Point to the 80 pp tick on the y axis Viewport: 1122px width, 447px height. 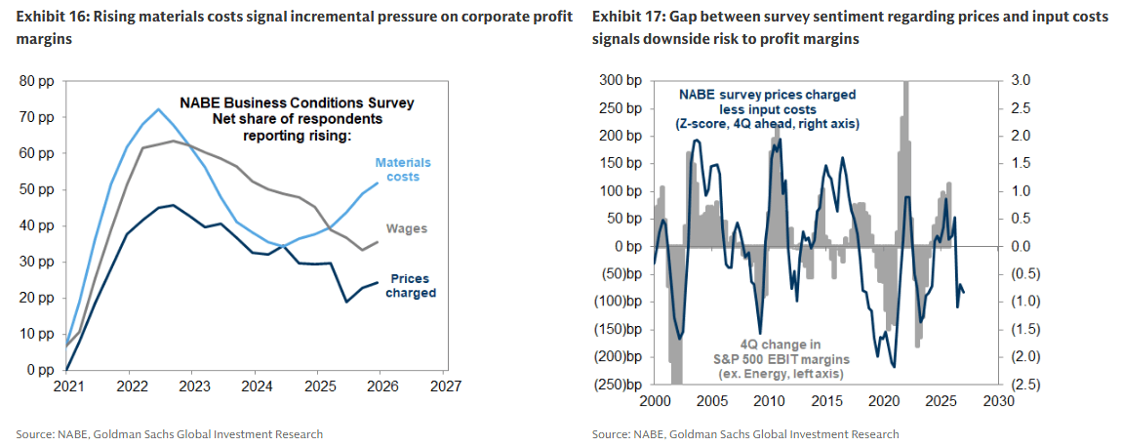click(x=37, y=81)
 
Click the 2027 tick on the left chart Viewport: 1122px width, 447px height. click(x=444, y=387)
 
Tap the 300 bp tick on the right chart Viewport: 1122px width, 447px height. click(x=620, y=80)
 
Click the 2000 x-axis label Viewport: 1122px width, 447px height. click(x=654, y=402)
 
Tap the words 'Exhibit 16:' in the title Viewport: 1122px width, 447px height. click(x=48, y=19)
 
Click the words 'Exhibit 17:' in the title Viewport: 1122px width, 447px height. click(x=623, y=19)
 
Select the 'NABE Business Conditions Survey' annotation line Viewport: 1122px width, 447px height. click(x=296, y=102)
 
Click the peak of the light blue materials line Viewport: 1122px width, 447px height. click(x=158, y=109)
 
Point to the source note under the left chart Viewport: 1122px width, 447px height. click(x=169, y=434)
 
